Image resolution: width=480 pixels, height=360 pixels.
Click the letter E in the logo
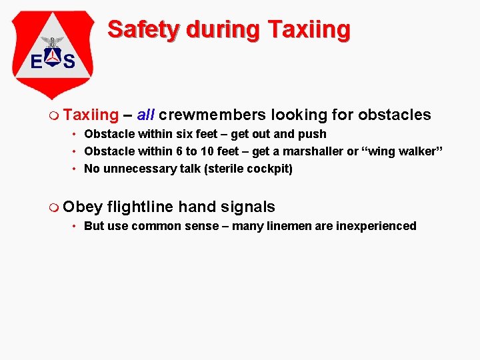click(x=37, y=61)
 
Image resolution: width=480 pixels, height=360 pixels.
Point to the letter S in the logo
click(x=68, y=61)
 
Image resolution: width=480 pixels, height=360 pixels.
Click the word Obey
click(x=83, y=207)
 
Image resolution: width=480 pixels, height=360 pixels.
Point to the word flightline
click(x=140, y=207)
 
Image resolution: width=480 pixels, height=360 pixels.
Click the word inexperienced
click(x=376, y=226)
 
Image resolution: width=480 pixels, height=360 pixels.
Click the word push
click(x=313, y=134)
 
